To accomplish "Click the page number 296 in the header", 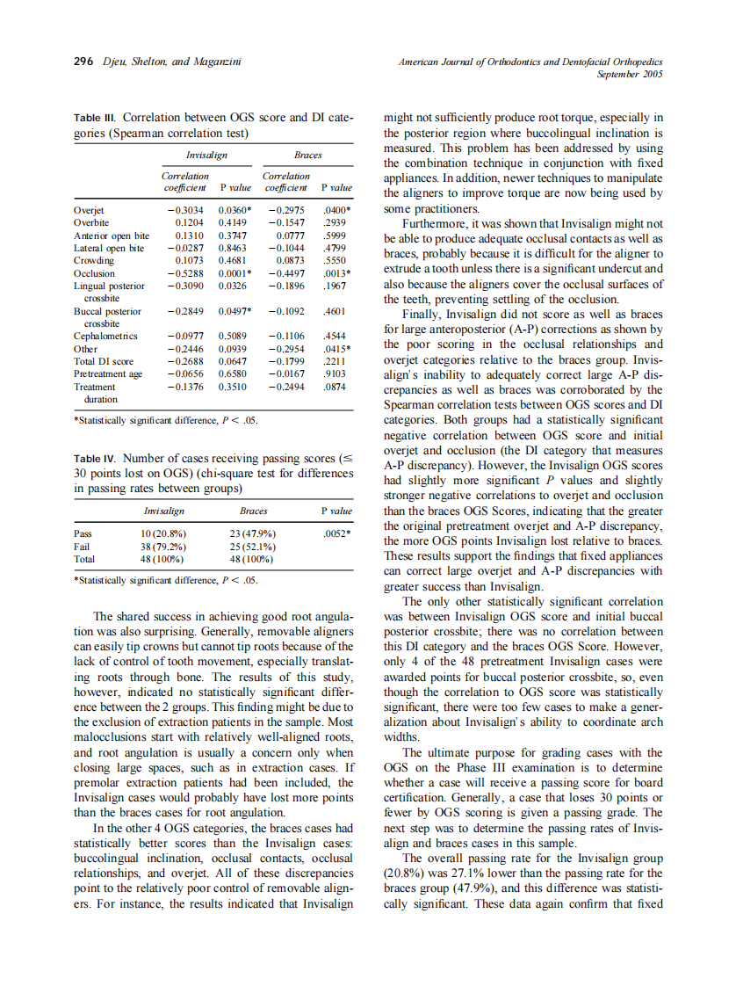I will [x=83, y=62].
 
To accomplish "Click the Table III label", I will [x=95, y=117].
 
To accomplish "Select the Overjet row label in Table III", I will [x=90, y=211].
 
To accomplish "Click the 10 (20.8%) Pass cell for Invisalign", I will [x=163, y=533].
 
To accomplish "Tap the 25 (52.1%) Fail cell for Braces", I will [x=253, y=546].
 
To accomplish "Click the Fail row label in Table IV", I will [x=82, y=546].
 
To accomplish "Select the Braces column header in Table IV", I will [x=253, y=510].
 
